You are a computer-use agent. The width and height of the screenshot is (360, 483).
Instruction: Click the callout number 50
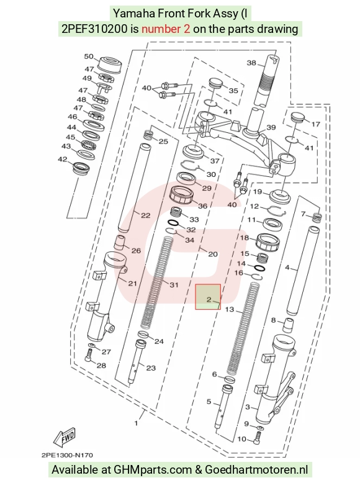pos(89,56)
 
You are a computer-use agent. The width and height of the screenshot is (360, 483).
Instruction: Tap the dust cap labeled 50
pos(110,64)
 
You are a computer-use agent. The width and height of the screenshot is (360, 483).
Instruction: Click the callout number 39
pos(271,127)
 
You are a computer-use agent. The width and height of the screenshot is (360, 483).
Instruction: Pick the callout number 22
pos(145,215)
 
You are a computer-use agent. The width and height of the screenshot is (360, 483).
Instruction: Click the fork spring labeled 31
pos(157,282)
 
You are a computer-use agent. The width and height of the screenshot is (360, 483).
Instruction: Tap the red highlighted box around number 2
pos(208,297)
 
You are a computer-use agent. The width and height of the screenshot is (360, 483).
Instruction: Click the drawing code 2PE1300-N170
pos(67,455)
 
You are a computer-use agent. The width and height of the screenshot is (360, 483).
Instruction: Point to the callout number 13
pos(230,309)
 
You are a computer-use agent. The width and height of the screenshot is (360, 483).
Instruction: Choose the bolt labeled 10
pos(258,438)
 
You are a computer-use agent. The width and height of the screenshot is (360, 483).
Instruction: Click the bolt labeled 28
pos(88,356)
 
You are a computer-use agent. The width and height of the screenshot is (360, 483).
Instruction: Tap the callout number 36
pos(202,205)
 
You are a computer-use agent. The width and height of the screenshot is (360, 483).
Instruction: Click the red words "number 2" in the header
pos(166,29)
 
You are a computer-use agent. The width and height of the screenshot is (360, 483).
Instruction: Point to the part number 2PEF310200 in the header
pos(94,29)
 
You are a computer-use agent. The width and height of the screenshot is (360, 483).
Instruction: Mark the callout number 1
pos(137,423)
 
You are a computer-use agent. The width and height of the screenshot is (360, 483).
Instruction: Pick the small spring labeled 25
pos(149,135)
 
